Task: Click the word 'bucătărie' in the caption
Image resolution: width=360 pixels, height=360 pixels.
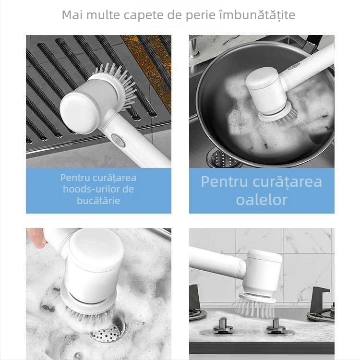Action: [98, 201]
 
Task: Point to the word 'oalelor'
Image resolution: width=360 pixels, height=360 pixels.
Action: [262, 200]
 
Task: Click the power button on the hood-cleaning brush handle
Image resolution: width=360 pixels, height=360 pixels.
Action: [118, 140]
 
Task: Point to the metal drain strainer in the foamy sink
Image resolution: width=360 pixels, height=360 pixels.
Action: [108, 332]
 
